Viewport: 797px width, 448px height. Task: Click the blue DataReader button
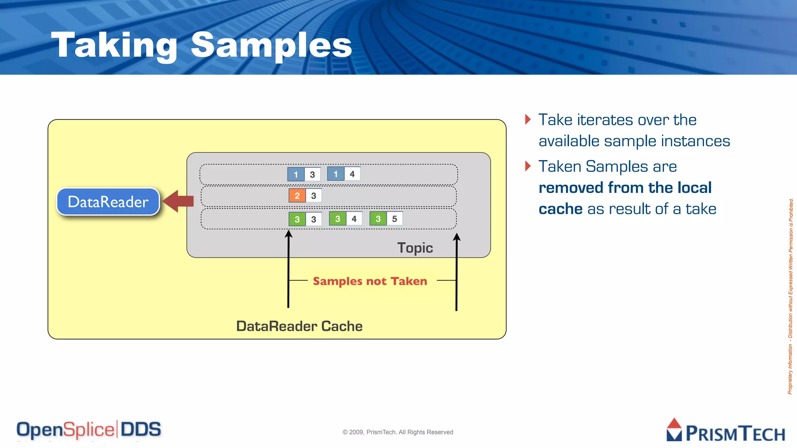(x=108, y=201)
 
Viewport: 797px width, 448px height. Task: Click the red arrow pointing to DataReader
(x=178, y=201)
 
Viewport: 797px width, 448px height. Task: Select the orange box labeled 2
(x=297, y=196)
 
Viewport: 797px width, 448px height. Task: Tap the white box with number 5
(x=395, y=219)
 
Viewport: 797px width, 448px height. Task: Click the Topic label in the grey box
(x=415, y=248)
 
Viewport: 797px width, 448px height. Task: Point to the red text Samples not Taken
(x=370, y=281)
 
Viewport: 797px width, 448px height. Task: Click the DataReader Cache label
(x=299, y=326)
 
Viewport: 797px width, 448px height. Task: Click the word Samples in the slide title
(x=271, y=45)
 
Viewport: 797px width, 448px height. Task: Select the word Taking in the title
(x=114, y=45)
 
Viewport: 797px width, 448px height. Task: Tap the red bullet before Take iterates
(x=528, y=119)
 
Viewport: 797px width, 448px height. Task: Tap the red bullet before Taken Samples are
(x=528, y=166)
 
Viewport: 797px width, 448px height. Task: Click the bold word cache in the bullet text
(x=560, y=209)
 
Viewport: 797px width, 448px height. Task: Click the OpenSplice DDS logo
(x=89, y=430)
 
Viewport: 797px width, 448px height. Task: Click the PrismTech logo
(x=725, y=430)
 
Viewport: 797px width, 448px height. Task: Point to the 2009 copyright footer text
(x=398, y=432)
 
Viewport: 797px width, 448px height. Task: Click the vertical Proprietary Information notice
(x=790, y=296)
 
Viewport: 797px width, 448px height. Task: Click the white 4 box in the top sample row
(x=352, y=174)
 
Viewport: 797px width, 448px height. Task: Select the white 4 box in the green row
(x=354, y=219)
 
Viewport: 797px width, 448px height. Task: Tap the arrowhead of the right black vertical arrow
(x=457, y=236)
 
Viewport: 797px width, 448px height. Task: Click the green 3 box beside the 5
(x=378, y=219)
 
